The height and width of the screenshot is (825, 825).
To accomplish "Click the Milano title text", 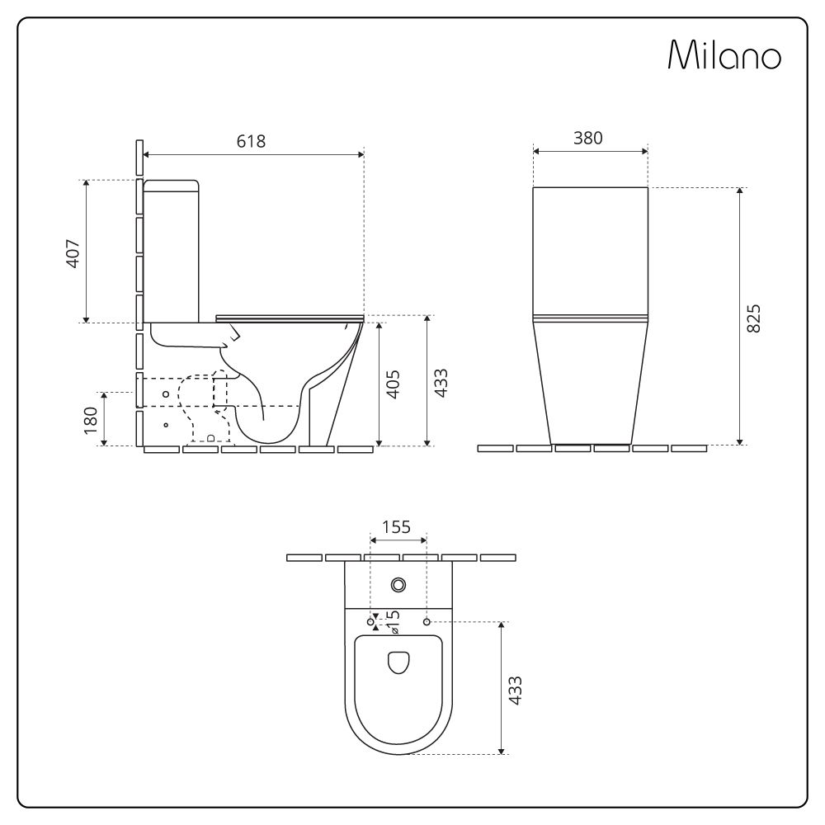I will click(x=724, y=54).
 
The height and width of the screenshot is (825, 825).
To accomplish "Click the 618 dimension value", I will click(x=252, y=141).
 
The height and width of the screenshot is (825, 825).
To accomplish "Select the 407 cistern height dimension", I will click(x=73, y=252).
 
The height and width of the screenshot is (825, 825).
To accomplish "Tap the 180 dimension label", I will click(x=91, y=419).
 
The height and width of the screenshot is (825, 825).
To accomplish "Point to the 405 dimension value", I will click(x=394, y=384).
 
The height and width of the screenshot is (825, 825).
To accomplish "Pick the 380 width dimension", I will click(x=588, y=138).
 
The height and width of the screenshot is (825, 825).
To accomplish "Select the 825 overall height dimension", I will click(x=753, y=318).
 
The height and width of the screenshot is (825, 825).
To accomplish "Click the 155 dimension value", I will click(x=397, y=528).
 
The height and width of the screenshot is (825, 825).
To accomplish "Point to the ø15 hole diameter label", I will click(x=394, y=621).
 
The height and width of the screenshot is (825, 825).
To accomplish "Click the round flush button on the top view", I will click(x=399, y=585).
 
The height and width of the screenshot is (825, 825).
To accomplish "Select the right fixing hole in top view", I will click(x=427, y=620).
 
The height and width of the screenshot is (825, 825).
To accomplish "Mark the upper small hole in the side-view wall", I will click(x=166, y=394).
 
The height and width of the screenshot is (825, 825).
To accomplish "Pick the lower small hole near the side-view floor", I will click(x=166, y=425).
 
